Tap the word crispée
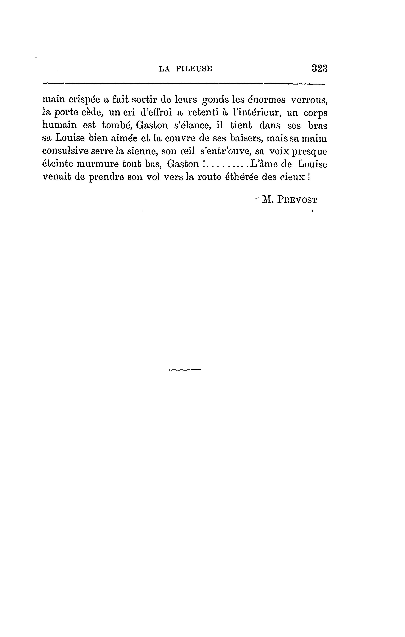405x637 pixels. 84,100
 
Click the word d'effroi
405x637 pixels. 156,113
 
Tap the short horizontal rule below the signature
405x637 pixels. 185,370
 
